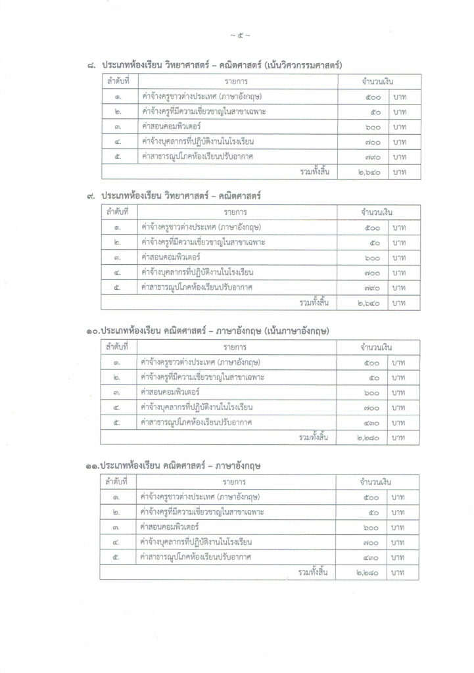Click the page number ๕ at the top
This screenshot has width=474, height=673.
(x=237, y=35)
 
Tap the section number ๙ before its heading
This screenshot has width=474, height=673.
(x=91, y=197)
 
